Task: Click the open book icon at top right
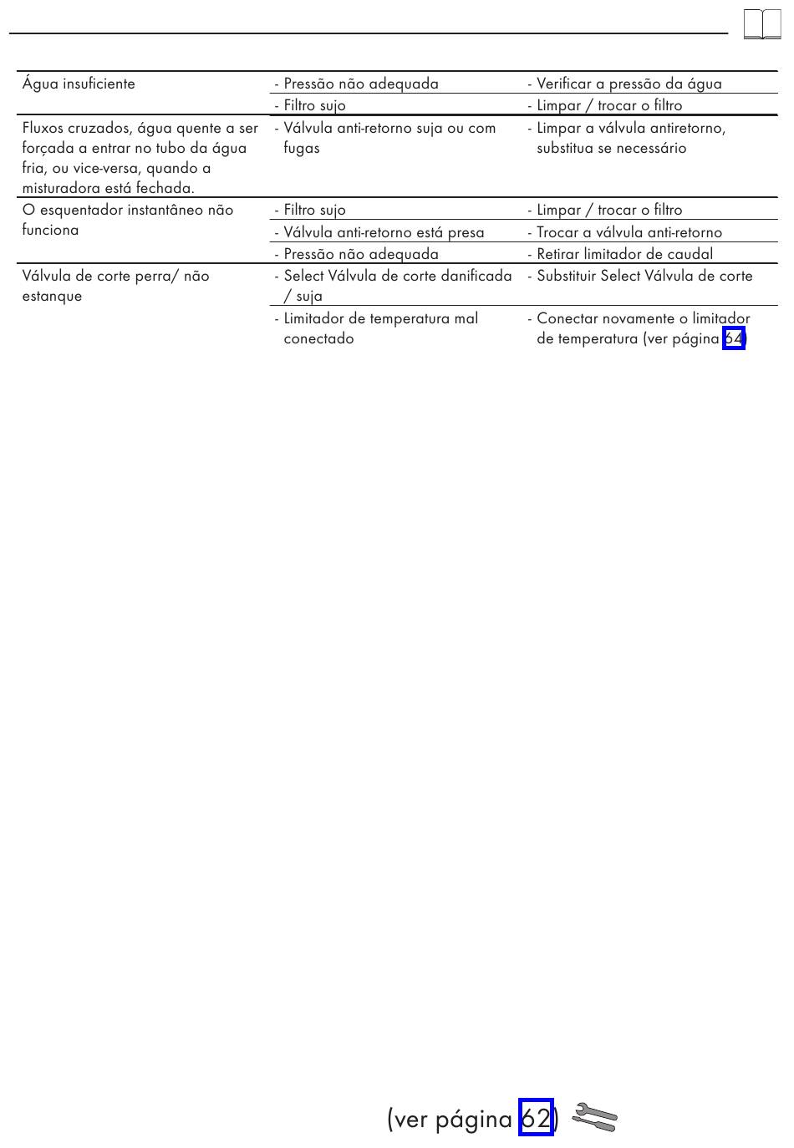click(761, 24)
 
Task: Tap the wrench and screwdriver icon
click(594, 1117)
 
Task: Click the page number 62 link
click(536, 1117)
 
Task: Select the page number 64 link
click(733, 338)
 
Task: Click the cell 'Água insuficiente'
click(79, 84)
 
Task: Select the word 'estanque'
click(52, 296)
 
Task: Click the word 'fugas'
click(301, 148)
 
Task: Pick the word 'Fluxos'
click(43, 128)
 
